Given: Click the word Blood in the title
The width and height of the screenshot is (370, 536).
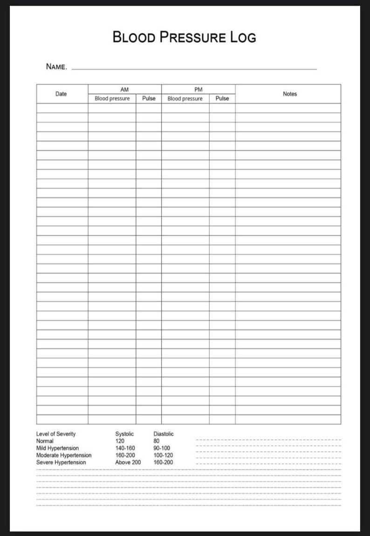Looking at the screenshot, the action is pyautogui.click(x=134, y=37).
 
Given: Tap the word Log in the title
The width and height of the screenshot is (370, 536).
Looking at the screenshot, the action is pyautogui.click(x=243, y=37).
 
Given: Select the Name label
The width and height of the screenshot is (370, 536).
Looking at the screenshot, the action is pyautogui.click(x=56, y=67).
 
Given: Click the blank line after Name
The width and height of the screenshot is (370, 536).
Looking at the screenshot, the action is pyautogui.click(x=194, y=68).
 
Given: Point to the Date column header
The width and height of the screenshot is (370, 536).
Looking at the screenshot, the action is pyautogui.click(x=61, y=94).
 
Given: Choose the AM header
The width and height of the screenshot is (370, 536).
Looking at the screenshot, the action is pyautogui.click(x=124, y=89).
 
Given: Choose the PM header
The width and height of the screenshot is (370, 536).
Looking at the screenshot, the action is pyautogui.click(x=198, y=89).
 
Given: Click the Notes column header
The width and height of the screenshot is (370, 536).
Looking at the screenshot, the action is pyautogui.click(x=290, y=94).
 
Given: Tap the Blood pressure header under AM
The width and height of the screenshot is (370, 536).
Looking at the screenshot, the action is pyautogui.click(x=112, y=99).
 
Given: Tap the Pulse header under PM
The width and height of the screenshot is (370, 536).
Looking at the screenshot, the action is pyautogui.click(x=222, y=99).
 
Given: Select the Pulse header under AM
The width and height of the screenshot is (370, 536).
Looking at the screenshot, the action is pyautogui.click(x=149, y=99).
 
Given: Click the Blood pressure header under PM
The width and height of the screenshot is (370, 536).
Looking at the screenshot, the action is pyautogui.click(x=185, y=99).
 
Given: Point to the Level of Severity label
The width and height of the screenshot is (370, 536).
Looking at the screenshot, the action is pyautogui.click(x=56, y=434).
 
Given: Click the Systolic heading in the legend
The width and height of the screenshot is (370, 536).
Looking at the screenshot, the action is pyautogui.click(x=124, y=434).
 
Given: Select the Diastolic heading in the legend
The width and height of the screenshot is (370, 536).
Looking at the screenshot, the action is pyautogui.click(x=164, y=434).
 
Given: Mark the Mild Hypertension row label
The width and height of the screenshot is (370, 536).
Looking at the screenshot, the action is pyautogui.click(x=57, y=448).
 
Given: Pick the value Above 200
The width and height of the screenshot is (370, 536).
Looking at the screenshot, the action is pyautogui.click(x=128, y=462).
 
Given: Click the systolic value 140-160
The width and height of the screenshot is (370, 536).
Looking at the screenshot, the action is pyautogui.click(x=125, y=448).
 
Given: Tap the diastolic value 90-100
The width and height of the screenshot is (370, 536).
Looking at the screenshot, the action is pyautogui.click(x=162, y=448).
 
